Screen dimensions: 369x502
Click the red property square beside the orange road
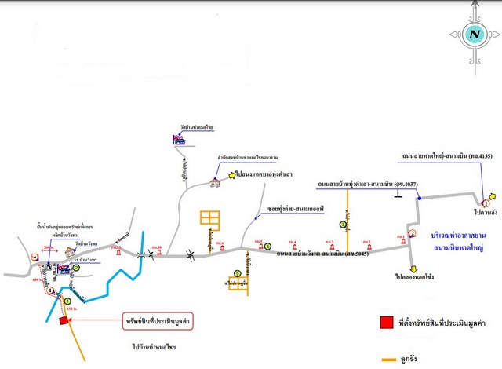click(x=63, y=320)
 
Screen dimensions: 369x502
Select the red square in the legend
click(x=384, y=321)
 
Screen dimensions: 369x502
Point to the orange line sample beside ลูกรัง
click(x=387, y=359)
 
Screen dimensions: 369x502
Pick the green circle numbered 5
click(x=238, y=272)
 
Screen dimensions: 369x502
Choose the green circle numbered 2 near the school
click(x=77, y=268)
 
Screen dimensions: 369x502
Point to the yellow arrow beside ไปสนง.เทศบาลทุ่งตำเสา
click(x=232, y=175)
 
